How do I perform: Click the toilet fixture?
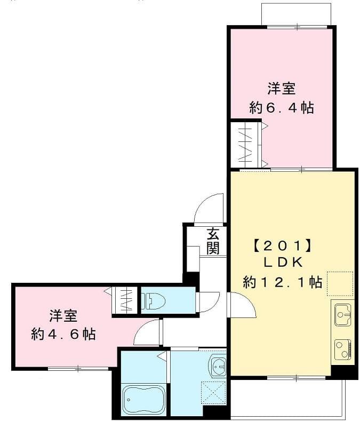click(x=154, y=301)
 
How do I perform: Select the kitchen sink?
click(x=342, y=315)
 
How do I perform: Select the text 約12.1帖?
click(x=283, y=282)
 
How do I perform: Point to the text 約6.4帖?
click(x=281, y=107)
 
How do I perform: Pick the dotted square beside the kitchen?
click(x=340, y=284)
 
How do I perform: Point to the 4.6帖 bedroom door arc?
click(x=147, y=332)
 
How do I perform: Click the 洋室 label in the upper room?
click(x=281, y=87)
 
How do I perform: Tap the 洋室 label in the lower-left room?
click(x=63, y=315)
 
